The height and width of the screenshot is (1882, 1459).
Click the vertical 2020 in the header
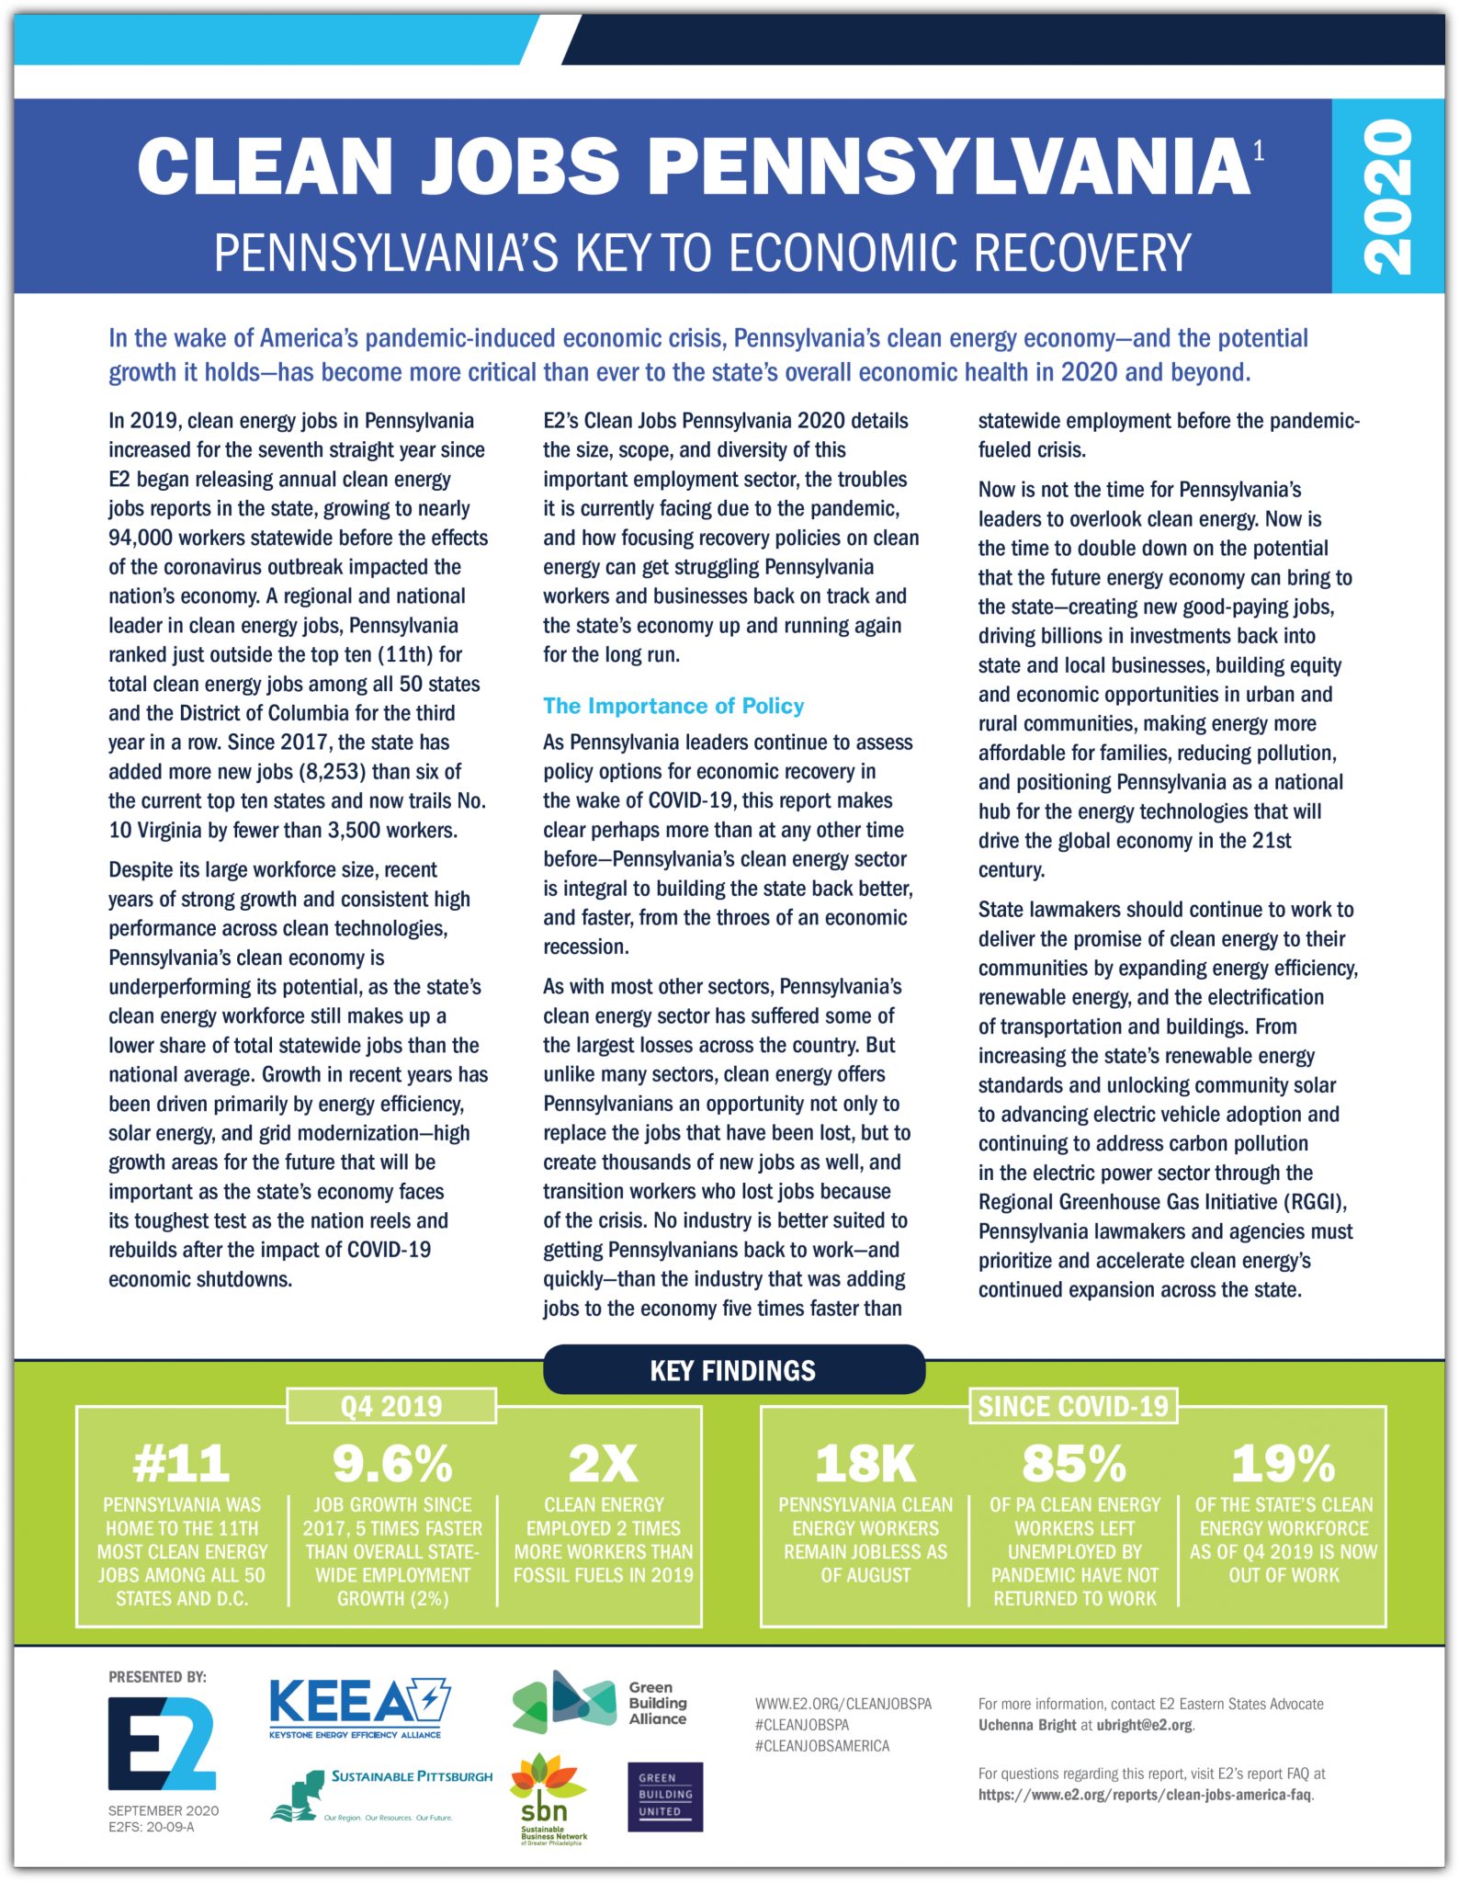tap(1387, 197)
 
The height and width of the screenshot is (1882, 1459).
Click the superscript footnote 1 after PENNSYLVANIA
tap(1259, 151)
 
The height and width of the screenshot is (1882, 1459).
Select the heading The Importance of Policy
tap(673, 706)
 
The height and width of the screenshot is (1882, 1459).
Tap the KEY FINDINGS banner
tap(733, 1370)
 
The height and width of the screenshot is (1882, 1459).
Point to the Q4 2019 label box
tap(391, 1406)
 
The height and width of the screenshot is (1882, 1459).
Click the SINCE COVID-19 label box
tap(1072, 1406)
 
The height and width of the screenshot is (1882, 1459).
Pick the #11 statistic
tap(181, 1463)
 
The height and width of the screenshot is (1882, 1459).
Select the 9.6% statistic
tap(392, 1463)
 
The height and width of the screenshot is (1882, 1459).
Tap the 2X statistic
tap(603, 1463)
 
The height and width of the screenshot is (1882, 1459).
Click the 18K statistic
tap(865, 1463)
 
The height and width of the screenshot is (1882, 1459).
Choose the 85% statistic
tap(1074, 1463)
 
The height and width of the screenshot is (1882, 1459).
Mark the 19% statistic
tap(1284, 1463)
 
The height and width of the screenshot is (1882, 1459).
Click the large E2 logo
tap(162, 1743)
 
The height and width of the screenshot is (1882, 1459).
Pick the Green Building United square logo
tap(665, 1797)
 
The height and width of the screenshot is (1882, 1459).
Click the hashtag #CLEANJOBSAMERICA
tap(821, 1745)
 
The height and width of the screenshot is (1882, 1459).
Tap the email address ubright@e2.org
tap(1144, 1725)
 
